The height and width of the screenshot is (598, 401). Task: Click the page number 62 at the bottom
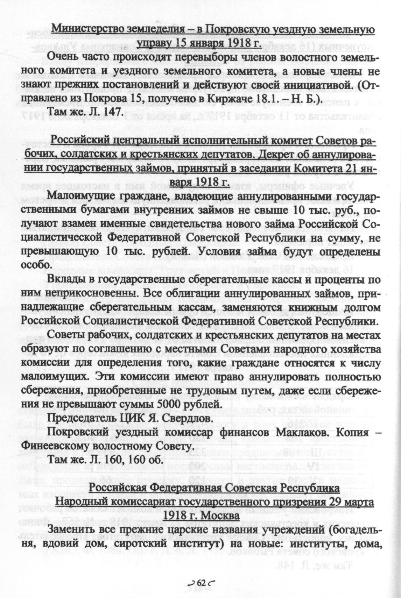(x=200, y=583)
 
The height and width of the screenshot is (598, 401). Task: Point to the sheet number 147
(x=112, y=112)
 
